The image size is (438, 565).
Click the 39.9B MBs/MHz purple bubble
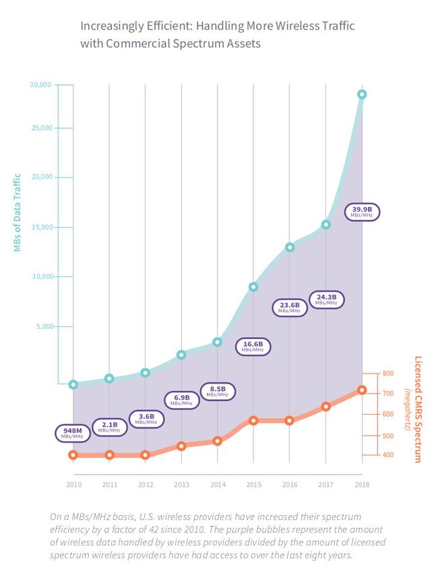click(x=362, y=212)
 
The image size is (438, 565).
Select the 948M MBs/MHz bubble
click(x=72, y=433)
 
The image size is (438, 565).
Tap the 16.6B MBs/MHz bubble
click(x=253, y=347)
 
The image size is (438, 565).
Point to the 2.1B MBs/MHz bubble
click(x=109, y=426)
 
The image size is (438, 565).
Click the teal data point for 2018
click(x=362, y=94)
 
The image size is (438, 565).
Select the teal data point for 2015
click(x=253, y=287)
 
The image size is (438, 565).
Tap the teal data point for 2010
click(x=73, y=384)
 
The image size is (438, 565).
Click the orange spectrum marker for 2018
click(x=362, y=390)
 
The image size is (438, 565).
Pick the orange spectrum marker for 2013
click(x=181, y=446)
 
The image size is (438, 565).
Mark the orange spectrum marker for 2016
click(x=290, y=420)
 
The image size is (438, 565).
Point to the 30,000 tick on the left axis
click(x=40, y=85)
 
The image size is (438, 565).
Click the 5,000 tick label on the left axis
click(x=42, y=326)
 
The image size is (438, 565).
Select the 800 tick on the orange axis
click(x=387, y=373)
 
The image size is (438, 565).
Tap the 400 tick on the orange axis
click(x=387, y=455)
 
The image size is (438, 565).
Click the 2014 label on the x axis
click(x=217, y=484)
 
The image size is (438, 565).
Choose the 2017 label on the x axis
click(x=325, y=484)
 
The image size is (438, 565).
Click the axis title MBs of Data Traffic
click(x=18, y=213)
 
